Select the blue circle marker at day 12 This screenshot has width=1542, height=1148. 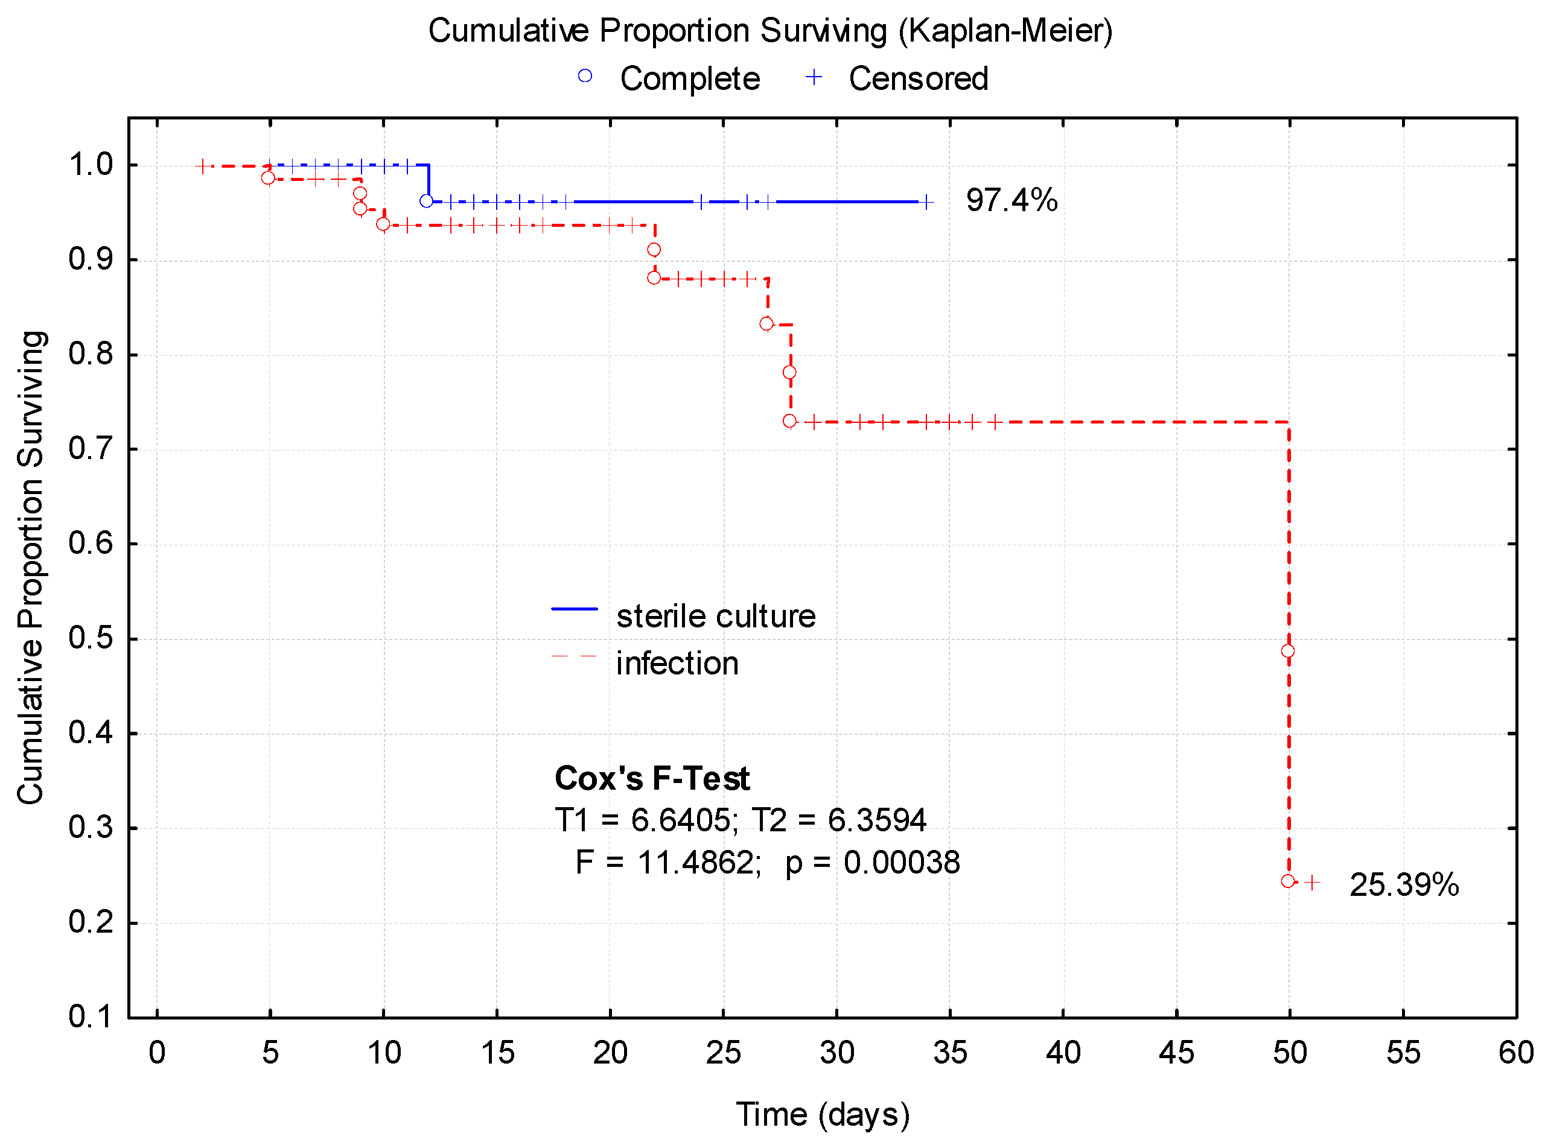pyautogui.click(x=426, y=201)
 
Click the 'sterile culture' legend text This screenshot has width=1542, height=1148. pyautogui.click(x=715, y=617)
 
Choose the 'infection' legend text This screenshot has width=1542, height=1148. pyautogui.click(x=677, y=664)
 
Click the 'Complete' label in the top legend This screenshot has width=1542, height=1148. pyautogui.click(x=689, y=78)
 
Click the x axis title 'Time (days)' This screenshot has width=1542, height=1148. pyautogui.click(x=822, y=1115)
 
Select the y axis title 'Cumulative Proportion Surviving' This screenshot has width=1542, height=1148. pyautogui.click(x=31, y=567)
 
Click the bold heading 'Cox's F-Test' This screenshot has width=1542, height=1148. pyautogui.click(x=651, y=778)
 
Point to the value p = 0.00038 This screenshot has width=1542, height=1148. pyautogui.click(x=872, y=863)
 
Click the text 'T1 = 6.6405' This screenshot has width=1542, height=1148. pyautogui.click(x=642, y=820)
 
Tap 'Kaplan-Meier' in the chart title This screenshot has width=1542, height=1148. pyautogui.click(x=1005, y=31)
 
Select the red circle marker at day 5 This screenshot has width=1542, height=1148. pyautogui.click(x=267, y=178)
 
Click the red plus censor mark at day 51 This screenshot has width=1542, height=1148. pyautogui.click(x=1311, y=883)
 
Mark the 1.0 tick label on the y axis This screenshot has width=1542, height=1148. pyautogui.click(x=91, y=165)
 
